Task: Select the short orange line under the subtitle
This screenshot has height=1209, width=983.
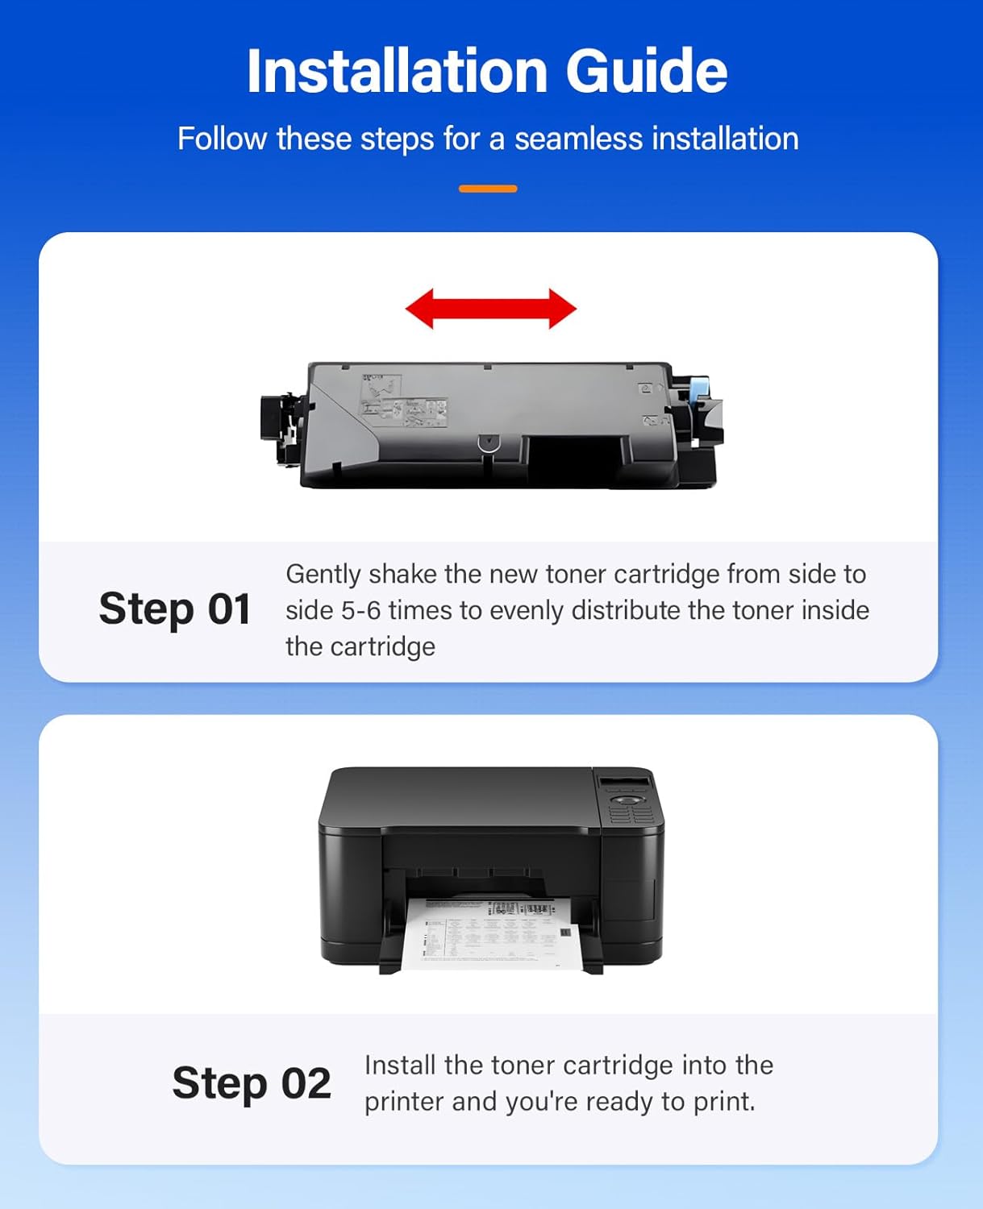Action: point(488,189)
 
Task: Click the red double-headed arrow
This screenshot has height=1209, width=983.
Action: point(490,309)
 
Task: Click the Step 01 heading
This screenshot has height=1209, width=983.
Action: point(174,609)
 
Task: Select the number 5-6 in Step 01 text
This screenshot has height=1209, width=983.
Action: point(360,610)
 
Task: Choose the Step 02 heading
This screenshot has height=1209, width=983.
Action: point(251,1082)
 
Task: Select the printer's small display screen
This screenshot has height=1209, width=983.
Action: point(623,783)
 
